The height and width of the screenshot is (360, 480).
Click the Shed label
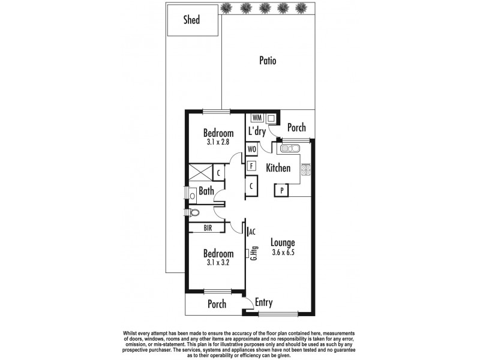(191, 20)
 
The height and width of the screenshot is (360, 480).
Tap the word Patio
(268, 61)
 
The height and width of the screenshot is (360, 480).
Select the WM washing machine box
(257, 118)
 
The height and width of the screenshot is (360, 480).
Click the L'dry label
(257, 131)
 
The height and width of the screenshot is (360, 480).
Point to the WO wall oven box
(252, 148)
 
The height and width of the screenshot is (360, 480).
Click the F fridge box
(252, 166)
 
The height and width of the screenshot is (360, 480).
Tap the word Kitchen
(278, 169)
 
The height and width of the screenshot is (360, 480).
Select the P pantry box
(281, 190)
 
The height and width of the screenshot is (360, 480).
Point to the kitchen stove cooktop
(305, 170)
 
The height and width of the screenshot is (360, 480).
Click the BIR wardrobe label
(207, 227)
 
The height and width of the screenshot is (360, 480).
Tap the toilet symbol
(193, 212)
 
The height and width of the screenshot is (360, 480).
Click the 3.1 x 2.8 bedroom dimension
(217, 143)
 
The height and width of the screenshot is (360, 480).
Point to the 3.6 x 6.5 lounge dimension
(282, 253)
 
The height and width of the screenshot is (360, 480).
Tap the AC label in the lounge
(253, 231)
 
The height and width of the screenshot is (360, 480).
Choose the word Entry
(265, 302)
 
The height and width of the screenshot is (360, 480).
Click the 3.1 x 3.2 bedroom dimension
(217, 262)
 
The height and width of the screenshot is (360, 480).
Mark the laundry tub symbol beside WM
(271, 118)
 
